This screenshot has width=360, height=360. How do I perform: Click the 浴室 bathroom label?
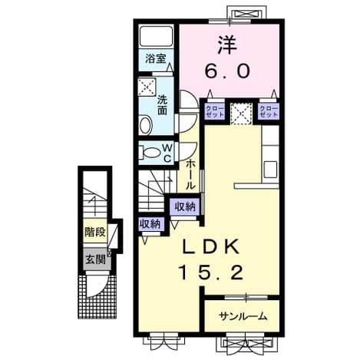[156, 59]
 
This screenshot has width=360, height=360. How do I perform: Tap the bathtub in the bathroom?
[157, 36]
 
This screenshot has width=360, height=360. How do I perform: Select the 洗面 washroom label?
[162, 105]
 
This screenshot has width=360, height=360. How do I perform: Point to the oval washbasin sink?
[145, 125]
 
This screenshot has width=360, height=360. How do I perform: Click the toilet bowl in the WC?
[151, 152]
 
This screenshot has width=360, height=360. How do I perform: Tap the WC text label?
[167, 153]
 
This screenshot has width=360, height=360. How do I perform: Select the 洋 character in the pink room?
[227, 45]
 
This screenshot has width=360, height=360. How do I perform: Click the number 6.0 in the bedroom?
[227, 71]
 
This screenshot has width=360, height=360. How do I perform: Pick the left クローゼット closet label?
[215, 111]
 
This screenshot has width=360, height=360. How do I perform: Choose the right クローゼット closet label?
[269, 111]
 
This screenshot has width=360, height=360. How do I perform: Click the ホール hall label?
[190, 175]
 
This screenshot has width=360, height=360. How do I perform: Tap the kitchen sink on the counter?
[270, 170]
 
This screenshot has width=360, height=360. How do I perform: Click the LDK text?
[210, 247]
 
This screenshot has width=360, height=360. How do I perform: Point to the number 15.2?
[211, 272]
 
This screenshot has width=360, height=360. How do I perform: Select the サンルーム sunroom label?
[243, 317]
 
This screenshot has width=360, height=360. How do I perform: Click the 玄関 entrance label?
[95, 259]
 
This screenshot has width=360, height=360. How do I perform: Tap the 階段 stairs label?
[95, 233]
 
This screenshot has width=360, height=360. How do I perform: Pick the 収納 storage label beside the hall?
[185, 206]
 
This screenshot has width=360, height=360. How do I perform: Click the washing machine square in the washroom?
[147, 88]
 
